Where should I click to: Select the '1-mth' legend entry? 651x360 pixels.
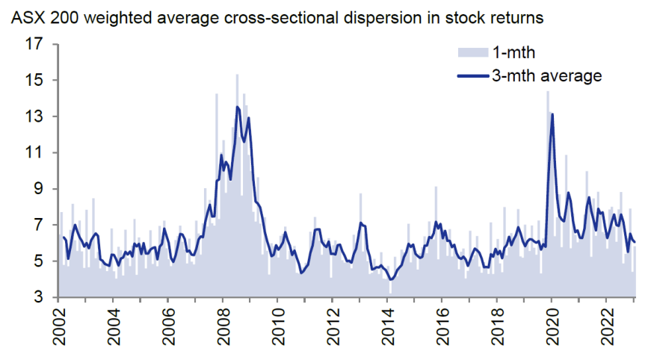click(x=513, y=52)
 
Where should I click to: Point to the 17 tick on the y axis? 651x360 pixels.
click(x=33, y=44)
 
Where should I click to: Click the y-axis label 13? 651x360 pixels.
click(x=33, y=117)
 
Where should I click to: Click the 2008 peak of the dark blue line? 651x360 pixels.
click(x=238, y=107)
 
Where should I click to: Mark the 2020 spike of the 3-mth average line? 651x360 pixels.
click(x=552, y=114)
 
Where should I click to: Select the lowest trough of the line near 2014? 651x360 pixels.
click(x=390, y=280)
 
